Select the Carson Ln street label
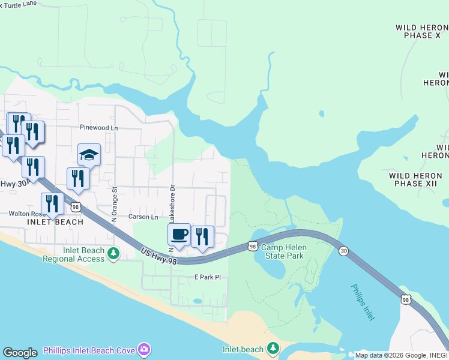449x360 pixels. click(x=143, y=217)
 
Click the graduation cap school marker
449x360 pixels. click(x=89, y=155)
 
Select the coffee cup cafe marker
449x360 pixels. click(x=179, y=235)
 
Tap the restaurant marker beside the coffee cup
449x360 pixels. click(x=202, y=237)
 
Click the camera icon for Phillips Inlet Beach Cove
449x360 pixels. click(x=144, y=349)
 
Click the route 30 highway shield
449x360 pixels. click(x=343, y=250)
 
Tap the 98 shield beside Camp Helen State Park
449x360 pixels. click(x=253, y=246)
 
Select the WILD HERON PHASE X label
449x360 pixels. click(x=422, y=31)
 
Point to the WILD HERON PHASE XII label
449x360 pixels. click(x=418, y=179)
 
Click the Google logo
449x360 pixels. click(x=20, y=353)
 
